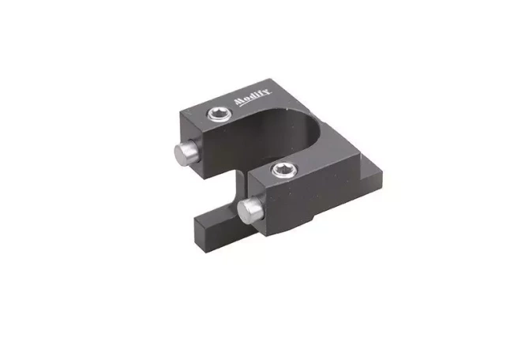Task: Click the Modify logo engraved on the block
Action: point(253,97)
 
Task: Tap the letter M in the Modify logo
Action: point(239,102)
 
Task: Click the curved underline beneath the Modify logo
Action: point(253,100)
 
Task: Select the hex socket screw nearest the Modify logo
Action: point(219,114)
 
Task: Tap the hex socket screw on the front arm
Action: point(284,170)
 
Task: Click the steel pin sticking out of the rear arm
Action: point(186,152)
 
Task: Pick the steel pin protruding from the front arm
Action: point(250,210)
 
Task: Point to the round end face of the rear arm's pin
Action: point(182,154)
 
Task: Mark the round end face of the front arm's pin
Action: point(246,212)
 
